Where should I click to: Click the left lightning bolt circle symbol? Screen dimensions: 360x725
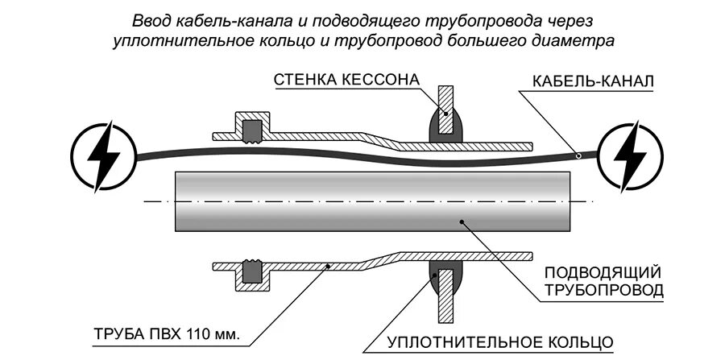(x=99, y=154)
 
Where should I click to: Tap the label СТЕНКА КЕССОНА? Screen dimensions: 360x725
(x=347, y=81)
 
